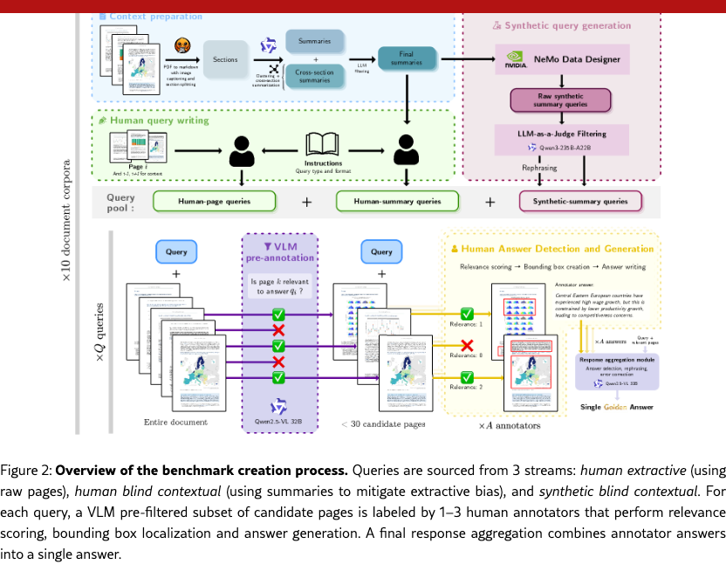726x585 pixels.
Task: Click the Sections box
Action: click(225, 59)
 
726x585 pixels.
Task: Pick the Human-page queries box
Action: click(214, 202)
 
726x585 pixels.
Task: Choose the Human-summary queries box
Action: click(397, 202)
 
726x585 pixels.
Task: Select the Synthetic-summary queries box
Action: click(579, 202)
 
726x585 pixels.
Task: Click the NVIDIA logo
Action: click(515, 60)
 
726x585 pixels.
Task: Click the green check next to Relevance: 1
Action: click(468, 313)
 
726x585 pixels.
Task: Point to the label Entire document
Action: click(175, 423)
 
